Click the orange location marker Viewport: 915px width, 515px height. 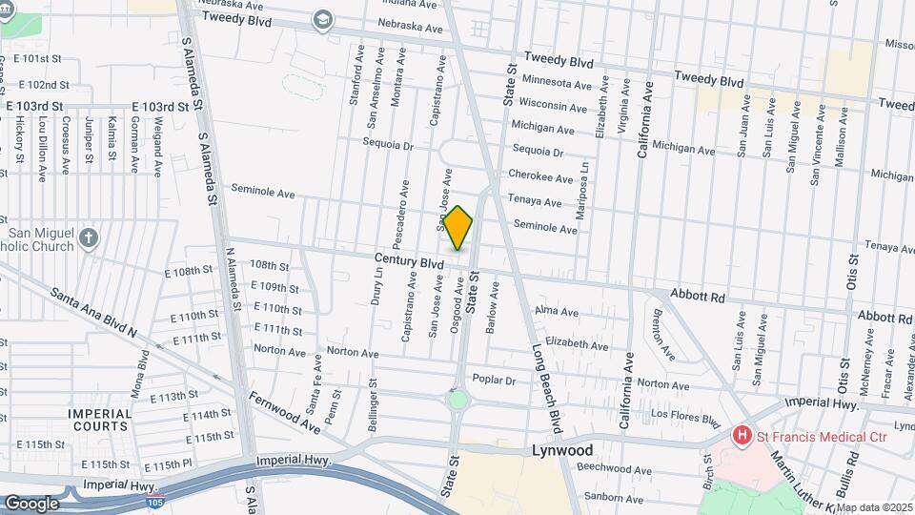tap(458, 229)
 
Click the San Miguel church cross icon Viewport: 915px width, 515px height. tap(89, 237)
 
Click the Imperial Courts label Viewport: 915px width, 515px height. tap(99, 420)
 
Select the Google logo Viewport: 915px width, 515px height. tap(30, 503)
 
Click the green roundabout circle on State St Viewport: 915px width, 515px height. tap(458, 400)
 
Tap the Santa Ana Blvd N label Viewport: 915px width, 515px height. tap(93, 311)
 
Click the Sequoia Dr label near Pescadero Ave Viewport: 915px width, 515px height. tap(387, 146)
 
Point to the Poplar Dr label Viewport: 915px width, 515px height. tap(494, 380)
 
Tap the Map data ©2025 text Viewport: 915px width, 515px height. tap(874, 507)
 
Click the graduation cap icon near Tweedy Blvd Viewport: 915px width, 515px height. tap(323, 20)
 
